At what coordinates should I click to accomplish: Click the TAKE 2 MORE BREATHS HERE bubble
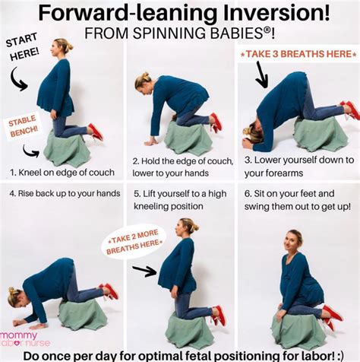133,242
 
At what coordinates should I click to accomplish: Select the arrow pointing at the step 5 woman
145,268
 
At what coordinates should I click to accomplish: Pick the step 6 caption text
298,199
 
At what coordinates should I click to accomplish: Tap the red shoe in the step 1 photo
95,132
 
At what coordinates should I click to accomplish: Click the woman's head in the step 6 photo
295,239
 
